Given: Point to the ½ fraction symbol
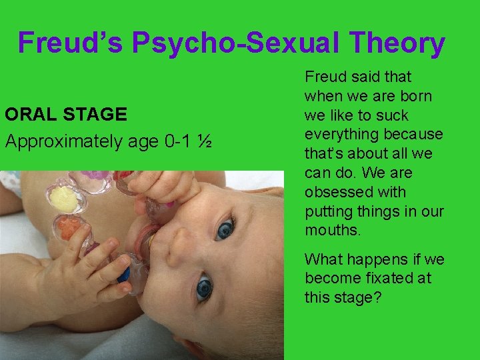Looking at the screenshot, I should (x=205, y=141).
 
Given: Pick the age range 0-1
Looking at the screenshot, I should (x=178, y=141).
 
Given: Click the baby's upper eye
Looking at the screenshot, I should (x=224, y=229).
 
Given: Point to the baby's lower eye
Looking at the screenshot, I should (x=203, y=288).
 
